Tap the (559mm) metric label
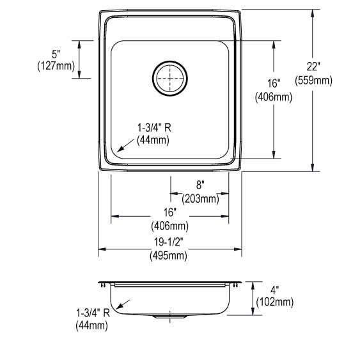[313, 81]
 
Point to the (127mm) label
[56, 65]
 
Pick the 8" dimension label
[200, 186]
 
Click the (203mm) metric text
[200, 198]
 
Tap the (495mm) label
[169, 256]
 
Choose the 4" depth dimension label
[274, 290]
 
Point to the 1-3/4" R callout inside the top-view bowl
[154, 129]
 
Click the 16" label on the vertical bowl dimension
[274, 84]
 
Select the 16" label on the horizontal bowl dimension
[169, 213]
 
